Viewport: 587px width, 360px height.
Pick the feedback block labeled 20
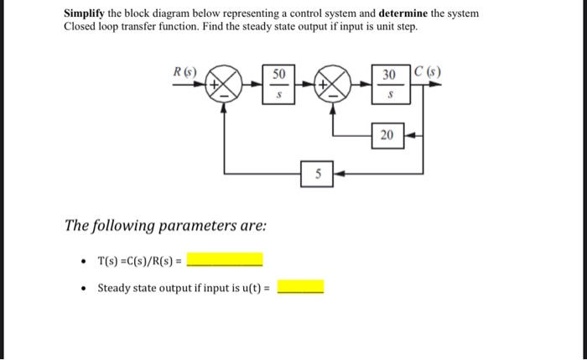coord(388,135)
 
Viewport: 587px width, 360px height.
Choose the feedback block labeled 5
coord(317,175)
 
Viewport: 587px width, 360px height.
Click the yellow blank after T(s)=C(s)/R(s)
coord(225,258)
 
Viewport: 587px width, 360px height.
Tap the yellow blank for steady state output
coord(300,288)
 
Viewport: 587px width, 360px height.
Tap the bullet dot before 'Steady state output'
coord(81,289)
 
